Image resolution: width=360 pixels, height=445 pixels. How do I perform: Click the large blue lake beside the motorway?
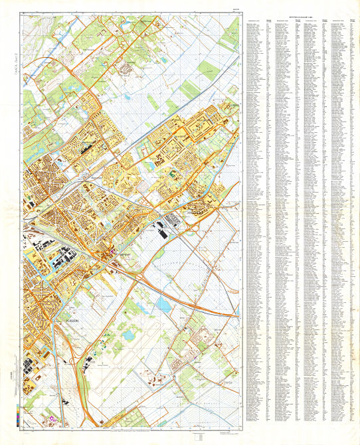coord(163,305)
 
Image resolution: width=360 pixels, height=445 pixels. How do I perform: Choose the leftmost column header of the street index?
coord(254,21)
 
